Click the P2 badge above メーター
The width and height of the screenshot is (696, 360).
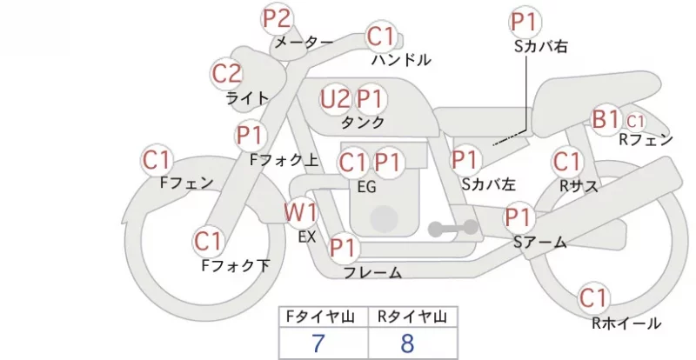click(277, 19)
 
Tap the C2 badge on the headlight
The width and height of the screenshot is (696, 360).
click(226, 74)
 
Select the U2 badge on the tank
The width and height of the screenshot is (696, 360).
click(335, 99)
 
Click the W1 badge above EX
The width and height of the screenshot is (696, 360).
click(301, 214)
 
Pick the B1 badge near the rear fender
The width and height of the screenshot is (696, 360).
click(606, 119)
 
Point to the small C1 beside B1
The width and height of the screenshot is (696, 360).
click(635, 121)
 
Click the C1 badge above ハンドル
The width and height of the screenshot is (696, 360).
click(381, 37)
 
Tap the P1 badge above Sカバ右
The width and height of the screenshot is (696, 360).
click(526, 22)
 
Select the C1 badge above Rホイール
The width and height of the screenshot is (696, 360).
click(593, 298)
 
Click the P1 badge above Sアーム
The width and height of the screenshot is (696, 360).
click(519, 217)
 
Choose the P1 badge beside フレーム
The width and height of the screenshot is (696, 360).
click(344, 248)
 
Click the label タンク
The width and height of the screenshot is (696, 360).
click(363, 122)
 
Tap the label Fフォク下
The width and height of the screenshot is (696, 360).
click(236, 265)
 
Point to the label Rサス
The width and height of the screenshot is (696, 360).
click(579, 186)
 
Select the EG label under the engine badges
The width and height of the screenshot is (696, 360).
click(366, 187)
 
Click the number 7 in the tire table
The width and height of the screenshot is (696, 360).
click(318, 343)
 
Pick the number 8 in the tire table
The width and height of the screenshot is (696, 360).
click(407, 343)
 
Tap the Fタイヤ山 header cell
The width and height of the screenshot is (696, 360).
click(324, 317)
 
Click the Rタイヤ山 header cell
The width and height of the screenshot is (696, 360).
click(412, 317)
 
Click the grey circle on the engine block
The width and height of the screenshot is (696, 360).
click(384, 219)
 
